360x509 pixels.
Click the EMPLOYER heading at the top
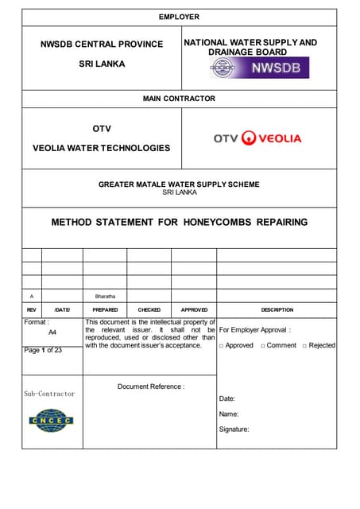(x=179, y=17)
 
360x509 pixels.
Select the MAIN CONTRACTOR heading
(x=179, y=99)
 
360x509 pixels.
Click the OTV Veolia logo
(x=257, y=138)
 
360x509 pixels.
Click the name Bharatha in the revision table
(x=105, y=296)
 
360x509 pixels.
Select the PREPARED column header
(x=105, y=309)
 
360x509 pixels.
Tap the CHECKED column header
(x=149, y=309)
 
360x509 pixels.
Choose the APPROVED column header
(x=194, y=309)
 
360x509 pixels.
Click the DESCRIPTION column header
(x=277, y=309)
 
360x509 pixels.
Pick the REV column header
(x=32, y=309)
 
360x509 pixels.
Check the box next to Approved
(x=222, y=346)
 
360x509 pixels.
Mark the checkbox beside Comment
(x=263, y=346)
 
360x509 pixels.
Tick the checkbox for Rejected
(x=305, y=346)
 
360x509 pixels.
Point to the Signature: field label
(x=234, y=429)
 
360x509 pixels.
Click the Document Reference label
(x=151, y=387)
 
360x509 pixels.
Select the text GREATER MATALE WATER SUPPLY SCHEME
(x=179, y=185)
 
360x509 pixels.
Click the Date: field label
(x=226, y=398)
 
